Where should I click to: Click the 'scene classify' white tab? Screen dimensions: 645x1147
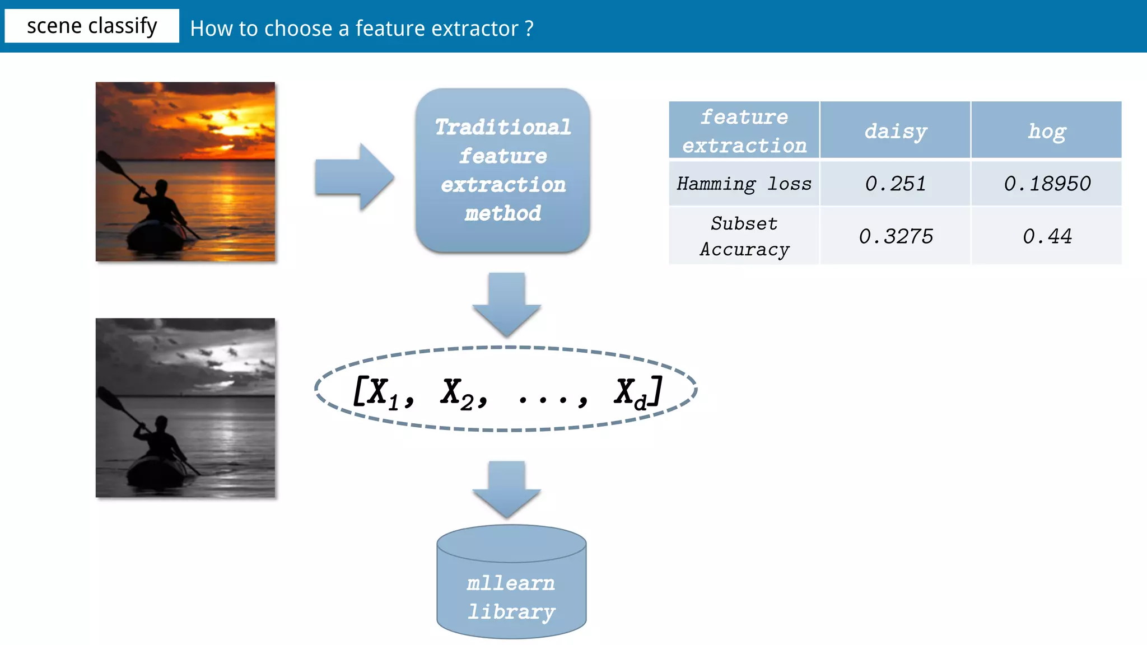pos(92,26)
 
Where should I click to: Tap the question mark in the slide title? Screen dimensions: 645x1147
pos(529,29)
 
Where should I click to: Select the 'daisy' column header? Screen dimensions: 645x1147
pos(895,131)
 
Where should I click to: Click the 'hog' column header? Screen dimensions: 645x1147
pos(1046,131)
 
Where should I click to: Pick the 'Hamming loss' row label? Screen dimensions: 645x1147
pos(744,184)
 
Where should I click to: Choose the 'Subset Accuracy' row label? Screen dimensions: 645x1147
pos(744,236)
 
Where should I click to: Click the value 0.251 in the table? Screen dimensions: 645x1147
pos(895,184)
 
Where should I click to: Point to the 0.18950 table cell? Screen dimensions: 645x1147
pos(1046,184)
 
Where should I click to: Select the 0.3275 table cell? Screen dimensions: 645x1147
pos(895,236)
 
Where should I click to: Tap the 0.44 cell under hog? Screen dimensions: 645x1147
pos(1046,236)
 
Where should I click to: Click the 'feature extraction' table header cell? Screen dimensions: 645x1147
pos(744,131)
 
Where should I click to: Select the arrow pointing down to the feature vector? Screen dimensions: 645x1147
pos(506,303)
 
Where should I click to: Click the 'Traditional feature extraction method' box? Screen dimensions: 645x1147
pos(502,170)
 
